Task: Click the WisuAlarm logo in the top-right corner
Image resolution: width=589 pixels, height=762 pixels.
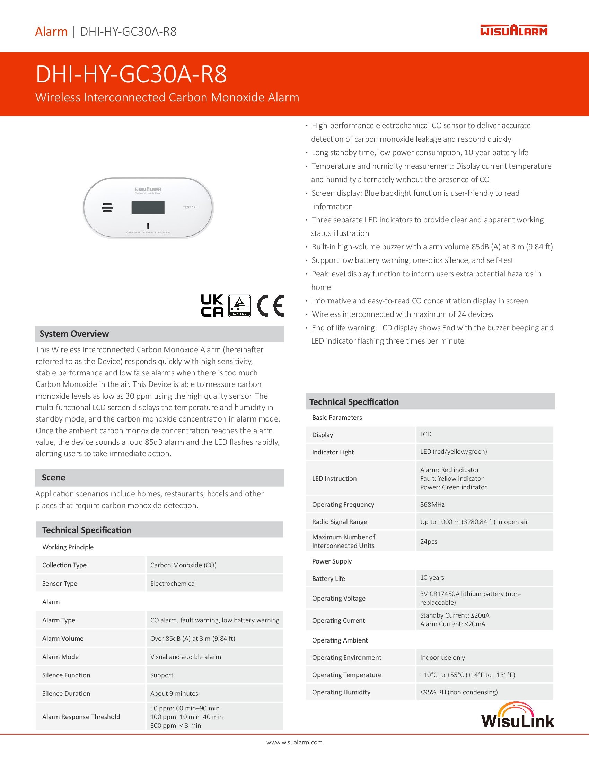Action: (513, 30)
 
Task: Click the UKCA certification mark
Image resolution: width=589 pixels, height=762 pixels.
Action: (212, 305)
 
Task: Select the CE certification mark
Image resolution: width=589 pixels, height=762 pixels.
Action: (271, 305)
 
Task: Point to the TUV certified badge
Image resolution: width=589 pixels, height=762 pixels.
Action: (239, 305)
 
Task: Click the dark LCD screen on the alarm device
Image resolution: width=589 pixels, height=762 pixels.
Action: (148, 207)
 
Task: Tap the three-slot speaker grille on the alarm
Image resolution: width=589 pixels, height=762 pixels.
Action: (107, 207)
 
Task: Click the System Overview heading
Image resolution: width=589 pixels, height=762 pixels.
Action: (74, 334)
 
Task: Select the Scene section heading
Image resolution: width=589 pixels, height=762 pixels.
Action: (53, 478)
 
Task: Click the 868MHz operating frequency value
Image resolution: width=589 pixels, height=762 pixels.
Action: (432, 505)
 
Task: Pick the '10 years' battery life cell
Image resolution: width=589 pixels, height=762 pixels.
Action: (432, 578)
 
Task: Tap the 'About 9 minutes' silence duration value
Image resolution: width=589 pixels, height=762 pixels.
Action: (174, 694)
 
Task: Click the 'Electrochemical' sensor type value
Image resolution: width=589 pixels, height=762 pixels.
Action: (173, 583)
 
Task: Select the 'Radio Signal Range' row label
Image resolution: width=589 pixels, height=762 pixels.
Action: (340, 522)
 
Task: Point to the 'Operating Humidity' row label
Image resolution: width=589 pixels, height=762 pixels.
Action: (341, 692)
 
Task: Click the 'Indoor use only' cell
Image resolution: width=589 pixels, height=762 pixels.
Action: (442, 658)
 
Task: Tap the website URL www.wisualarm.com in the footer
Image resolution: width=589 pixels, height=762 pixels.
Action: (294, 743)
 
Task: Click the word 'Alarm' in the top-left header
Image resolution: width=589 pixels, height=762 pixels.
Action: (51, 32)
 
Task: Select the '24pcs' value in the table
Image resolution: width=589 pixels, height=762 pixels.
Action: (429, 541)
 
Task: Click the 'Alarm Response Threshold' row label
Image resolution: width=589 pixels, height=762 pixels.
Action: (81, 717)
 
